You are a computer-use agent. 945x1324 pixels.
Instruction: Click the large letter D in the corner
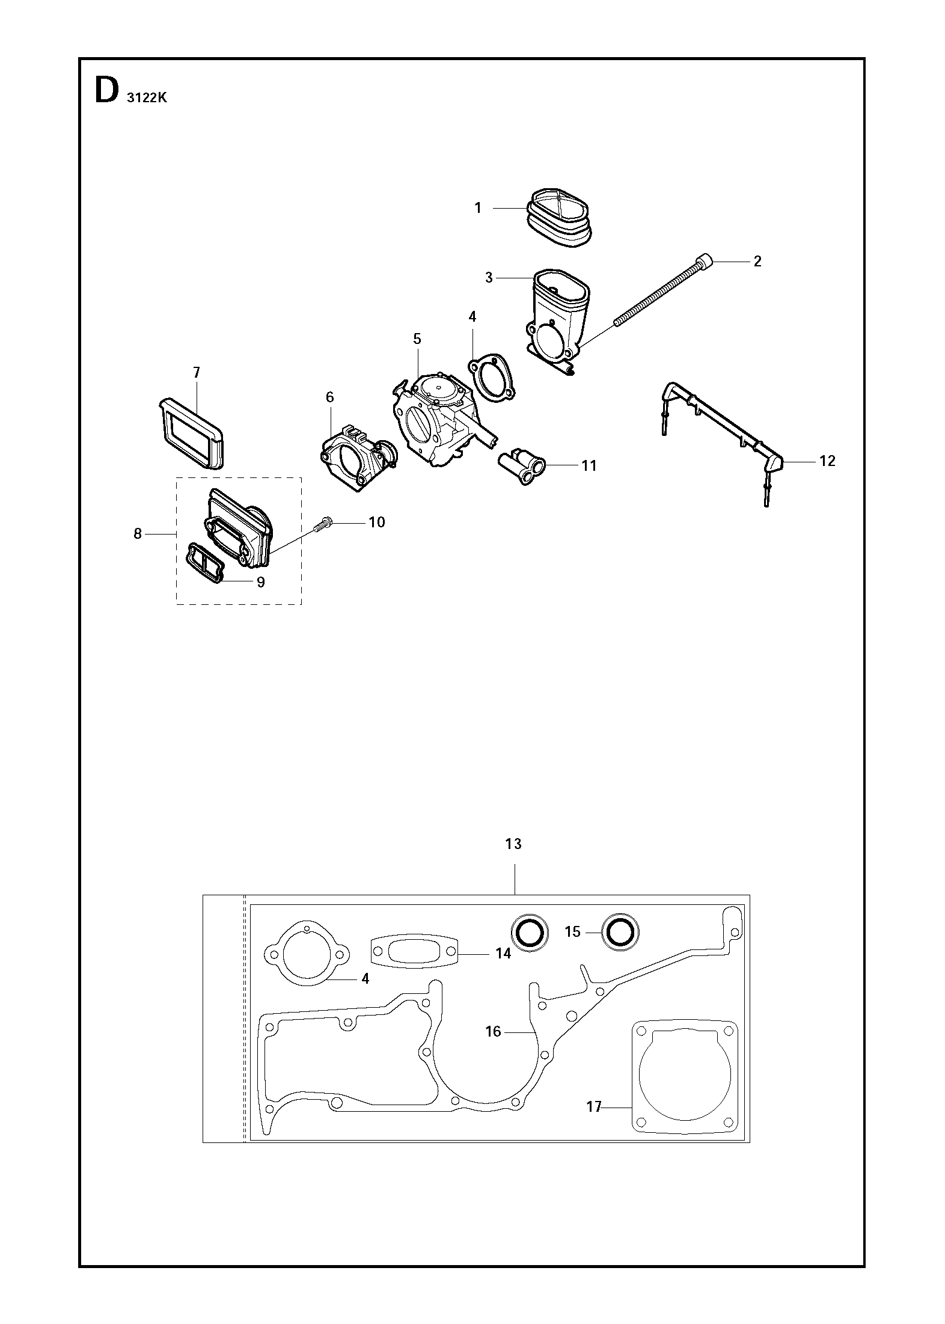click(x=106, y=92)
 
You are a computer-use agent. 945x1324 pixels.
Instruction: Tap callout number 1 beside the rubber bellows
click(x=478, y=208)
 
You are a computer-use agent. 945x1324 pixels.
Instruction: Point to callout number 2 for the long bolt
click(x=757, y=261)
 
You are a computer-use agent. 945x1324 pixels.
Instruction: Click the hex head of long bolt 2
click(x=705, y=262)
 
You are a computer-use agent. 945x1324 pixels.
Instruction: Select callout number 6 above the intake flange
click(x=329, y=397)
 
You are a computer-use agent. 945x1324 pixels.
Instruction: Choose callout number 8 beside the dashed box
click(x=138, y=533)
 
